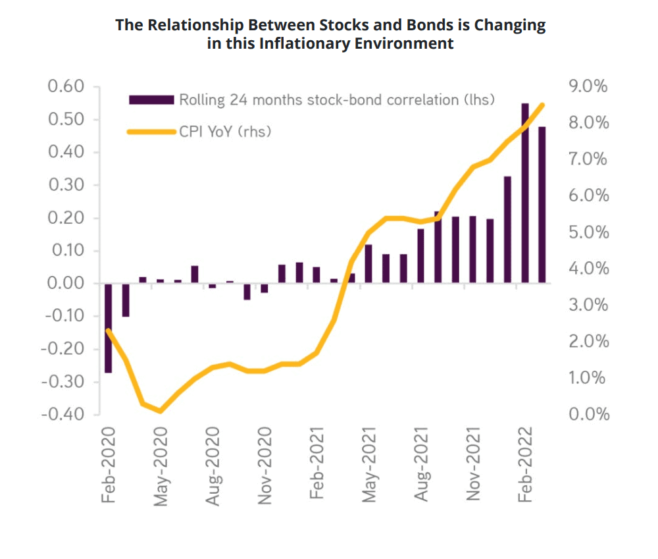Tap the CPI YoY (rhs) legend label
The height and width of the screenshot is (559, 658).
pyautogui.click(x=225, y=132)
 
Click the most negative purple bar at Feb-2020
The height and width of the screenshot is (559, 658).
pyautogui.click(x=108, y=328)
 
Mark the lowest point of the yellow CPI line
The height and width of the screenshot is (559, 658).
pyautogui.click(x=160, y=411)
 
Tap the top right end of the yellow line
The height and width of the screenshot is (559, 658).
pyautogui.click(x=542, y=105)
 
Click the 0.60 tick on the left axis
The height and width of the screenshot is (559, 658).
pyautogui.click(x=66, y=87)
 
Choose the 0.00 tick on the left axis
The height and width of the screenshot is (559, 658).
pyautogui.click(x=66, y=283)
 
